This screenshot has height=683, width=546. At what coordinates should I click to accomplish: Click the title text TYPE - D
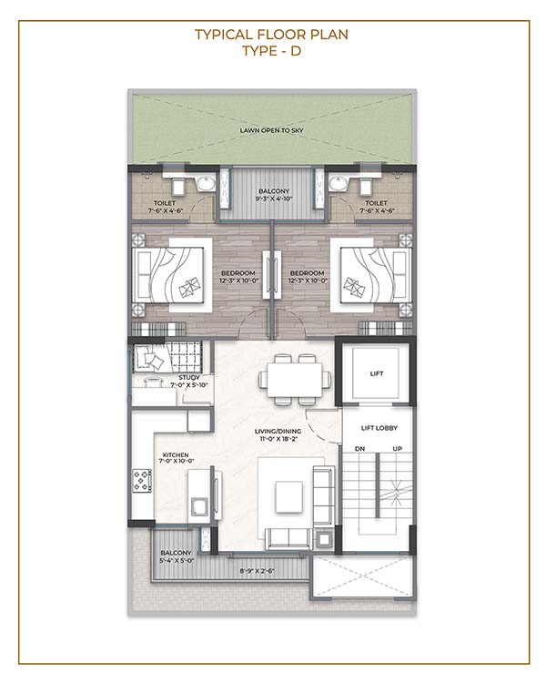tap(272, 51)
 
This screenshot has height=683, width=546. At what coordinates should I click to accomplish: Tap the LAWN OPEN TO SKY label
tap(272, 130)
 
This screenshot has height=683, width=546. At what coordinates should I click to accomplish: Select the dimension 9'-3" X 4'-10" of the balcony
tap(274, 199)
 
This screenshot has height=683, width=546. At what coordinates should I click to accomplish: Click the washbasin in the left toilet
tap(206, 183)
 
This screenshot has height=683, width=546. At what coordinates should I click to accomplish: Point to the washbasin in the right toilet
tap(338, 183)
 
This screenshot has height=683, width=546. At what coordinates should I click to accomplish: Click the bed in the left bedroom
tap(168, 275)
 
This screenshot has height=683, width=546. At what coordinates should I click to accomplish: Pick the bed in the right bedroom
tap(375, 275)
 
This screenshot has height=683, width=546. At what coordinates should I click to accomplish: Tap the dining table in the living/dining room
tap(294, 380)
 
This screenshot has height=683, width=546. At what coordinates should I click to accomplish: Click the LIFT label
tap(377, 373)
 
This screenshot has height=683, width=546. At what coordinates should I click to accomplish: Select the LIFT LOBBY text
tap(379, 428)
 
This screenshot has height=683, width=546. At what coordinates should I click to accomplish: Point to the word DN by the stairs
tap(359, 449)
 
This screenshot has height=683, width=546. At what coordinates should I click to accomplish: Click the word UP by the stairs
tap(397, 449)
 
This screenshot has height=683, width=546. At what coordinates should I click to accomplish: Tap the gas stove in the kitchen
tap(142, 481)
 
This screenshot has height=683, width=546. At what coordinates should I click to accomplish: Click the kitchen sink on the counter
tap(198, 507)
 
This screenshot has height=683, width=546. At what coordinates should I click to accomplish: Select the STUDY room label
tap(189, 378)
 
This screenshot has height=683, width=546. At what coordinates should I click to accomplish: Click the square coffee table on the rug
tap(288, 497)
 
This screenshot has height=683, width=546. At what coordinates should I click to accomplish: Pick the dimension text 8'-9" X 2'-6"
tap(257, 571)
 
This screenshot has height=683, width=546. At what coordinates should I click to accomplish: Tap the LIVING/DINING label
tap(278, 432)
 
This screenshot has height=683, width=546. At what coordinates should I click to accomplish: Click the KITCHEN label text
tap(176, 454)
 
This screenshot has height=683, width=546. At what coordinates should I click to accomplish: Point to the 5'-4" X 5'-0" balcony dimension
tap(177, 561)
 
